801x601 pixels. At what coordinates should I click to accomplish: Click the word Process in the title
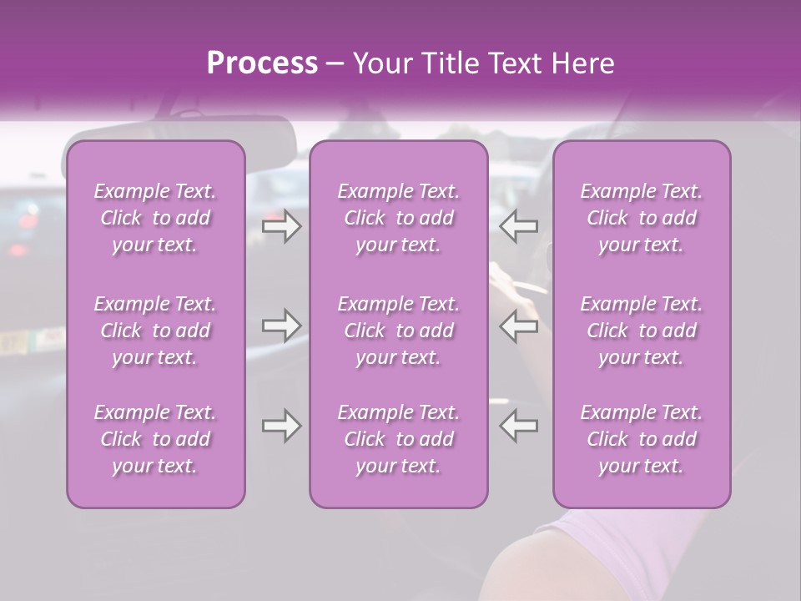[x=262, y=63]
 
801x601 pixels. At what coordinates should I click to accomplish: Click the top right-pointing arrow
[x=281, y=226]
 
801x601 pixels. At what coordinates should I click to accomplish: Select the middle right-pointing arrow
[x=281, y=326]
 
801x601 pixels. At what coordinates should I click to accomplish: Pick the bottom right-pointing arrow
[x=281, y=426]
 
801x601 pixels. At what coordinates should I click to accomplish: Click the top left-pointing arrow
[x=518, y=226]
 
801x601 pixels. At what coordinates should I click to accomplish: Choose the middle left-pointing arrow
[x=518, y=326]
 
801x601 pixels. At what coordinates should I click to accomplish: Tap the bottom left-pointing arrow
[x=518, y=426]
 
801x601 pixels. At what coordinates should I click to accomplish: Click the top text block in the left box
[x=155, y=218]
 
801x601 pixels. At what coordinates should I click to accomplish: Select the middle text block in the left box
[x=155, y=331]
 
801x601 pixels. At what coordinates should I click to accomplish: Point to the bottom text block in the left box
[x=155, y=439]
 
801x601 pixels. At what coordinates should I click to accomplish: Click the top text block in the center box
[x=399, y=218]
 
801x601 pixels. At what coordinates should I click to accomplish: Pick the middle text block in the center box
[x=399, y=331]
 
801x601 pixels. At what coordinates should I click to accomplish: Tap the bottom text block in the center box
[x=399, y=439]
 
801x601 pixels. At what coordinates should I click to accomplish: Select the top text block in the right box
[x=642, y=218]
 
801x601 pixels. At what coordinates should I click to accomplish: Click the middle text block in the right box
[x=642, y=331]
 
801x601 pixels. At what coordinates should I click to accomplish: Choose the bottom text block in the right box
[x=642, y=439]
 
